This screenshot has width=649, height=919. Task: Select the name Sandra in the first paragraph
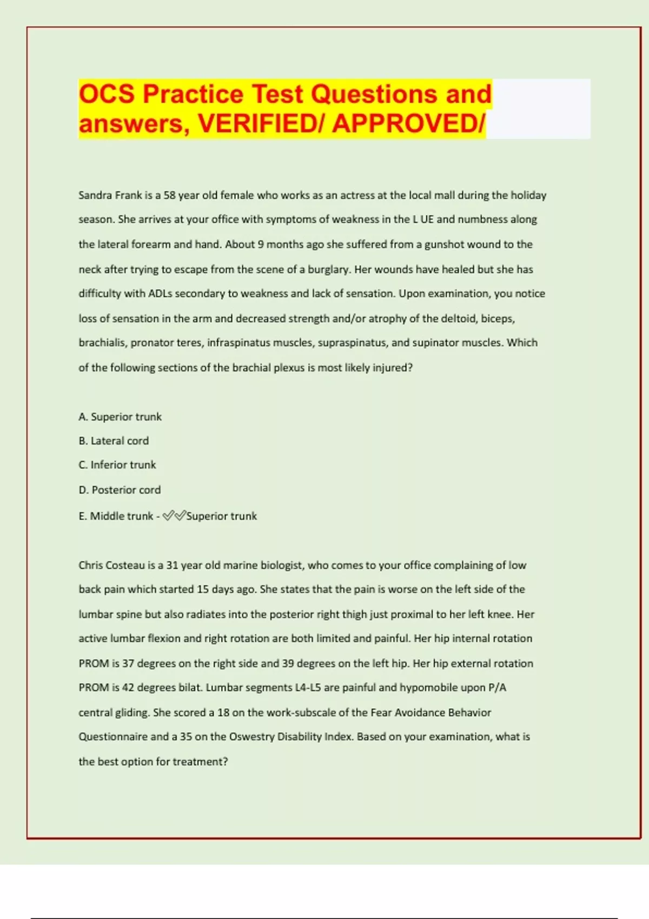[x=95, y=195]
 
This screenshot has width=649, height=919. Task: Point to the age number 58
[x=169, y=195]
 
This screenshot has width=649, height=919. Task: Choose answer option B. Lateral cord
[x=114, y=441]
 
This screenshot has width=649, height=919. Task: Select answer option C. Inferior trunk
[x=117, y=465]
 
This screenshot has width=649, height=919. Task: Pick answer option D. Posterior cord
[x=120, y=490]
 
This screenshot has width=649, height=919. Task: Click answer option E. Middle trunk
[x=116, y=516]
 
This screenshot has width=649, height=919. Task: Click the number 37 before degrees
[x=128, y=663]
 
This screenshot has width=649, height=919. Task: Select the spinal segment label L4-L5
[x=308, y=688]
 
